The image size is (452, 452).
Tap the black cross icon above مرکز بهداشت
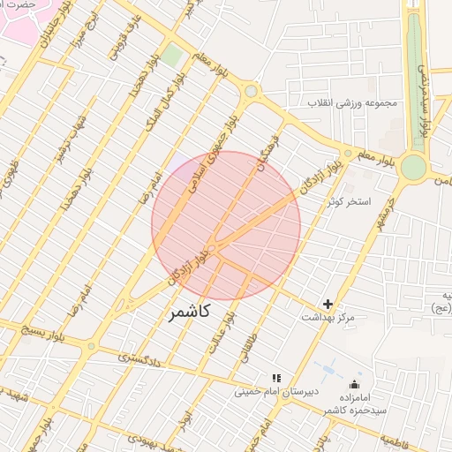point(328,304)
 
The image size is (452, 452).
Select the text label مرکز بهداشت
point(328,317)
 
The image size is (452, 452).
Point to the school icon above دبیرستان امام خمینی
point(275,378)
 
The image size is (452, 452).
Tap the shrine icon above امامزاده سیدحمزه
point(355,384)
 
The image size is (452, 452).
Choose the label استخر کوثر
point(350,202)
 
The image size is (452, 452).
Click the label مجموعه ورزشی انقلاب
point(353,103)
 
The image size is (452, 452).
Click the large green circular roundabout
point(412,167)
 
